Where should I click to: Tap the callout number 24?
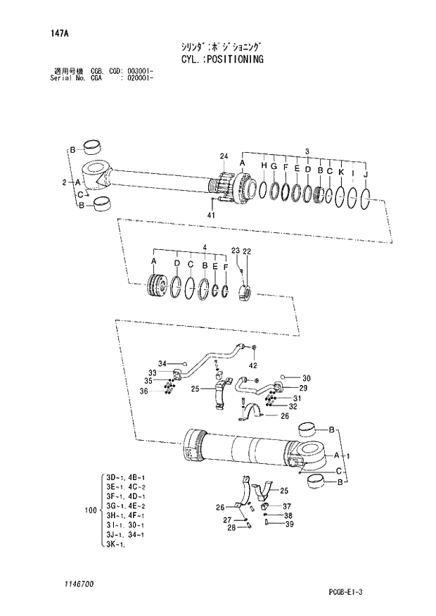224,156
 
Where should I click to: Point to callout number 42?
253,365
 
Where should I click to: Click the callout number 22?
247,251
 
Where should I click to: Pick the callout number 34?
162,363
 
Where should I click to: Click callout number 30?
306,377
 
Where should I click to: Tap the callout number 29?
304,388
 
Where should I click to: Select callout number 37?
287,506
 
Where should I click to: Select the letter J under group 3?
366,175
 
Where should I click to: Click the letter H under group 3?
263,165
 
